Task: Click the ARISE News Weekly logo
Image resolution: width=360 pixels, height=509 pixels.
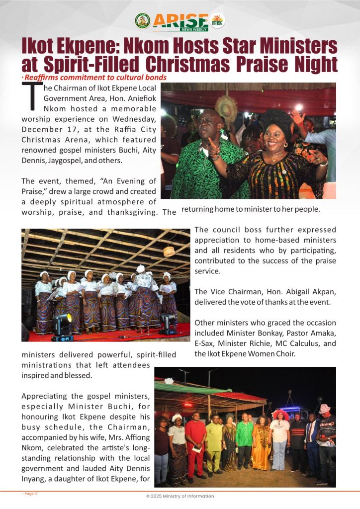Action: [x=180, y=21]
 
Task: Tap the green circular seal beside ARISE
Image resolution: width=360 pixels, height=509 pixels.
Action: [x=142, y=21]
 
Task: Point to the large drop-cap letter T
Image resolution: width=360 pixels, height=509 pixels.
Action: [x=32, y=96]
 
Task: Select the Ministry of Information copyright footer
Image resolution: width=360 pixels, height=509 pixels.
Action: [x=180, y=496]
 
